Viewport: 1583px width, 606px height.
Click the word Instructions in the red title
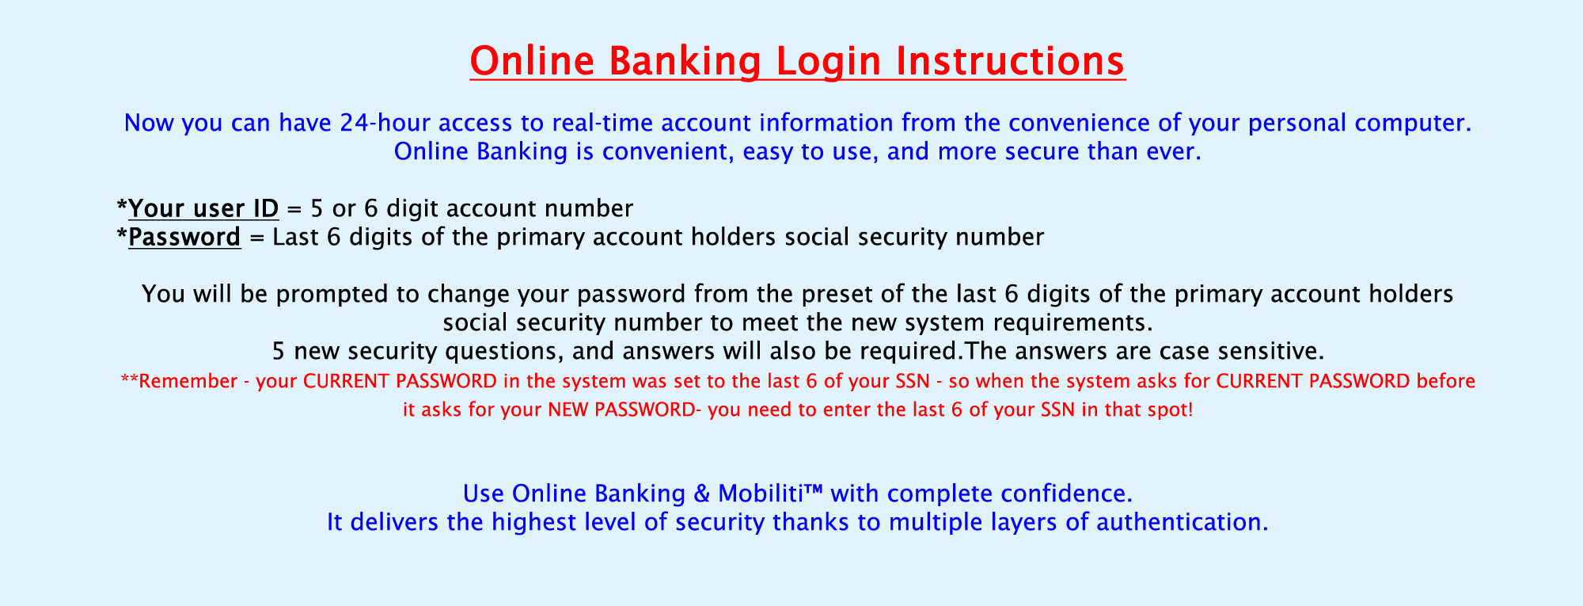1010,61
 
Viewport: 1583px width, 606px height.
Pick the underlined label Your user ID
203,208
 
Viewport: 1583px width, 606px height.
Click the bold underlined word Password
184,237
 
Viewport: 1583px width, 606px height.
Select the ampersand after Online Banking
701,494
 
